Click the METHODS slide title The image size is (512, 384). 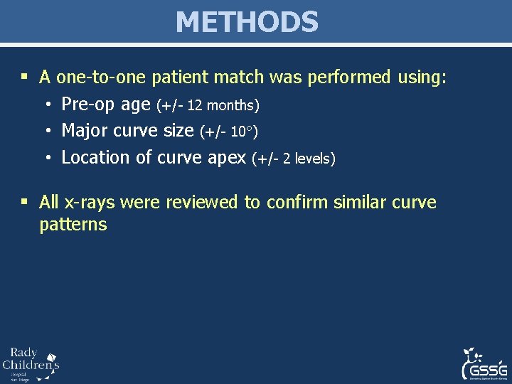click(247, 22)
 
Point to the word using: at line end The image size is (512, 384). click(422, 78)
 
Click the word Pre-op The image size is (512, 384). click(88, 105)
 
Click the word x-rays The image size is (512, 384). click(90, 203)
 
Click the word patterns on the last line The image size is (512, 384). click(73, 225)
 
